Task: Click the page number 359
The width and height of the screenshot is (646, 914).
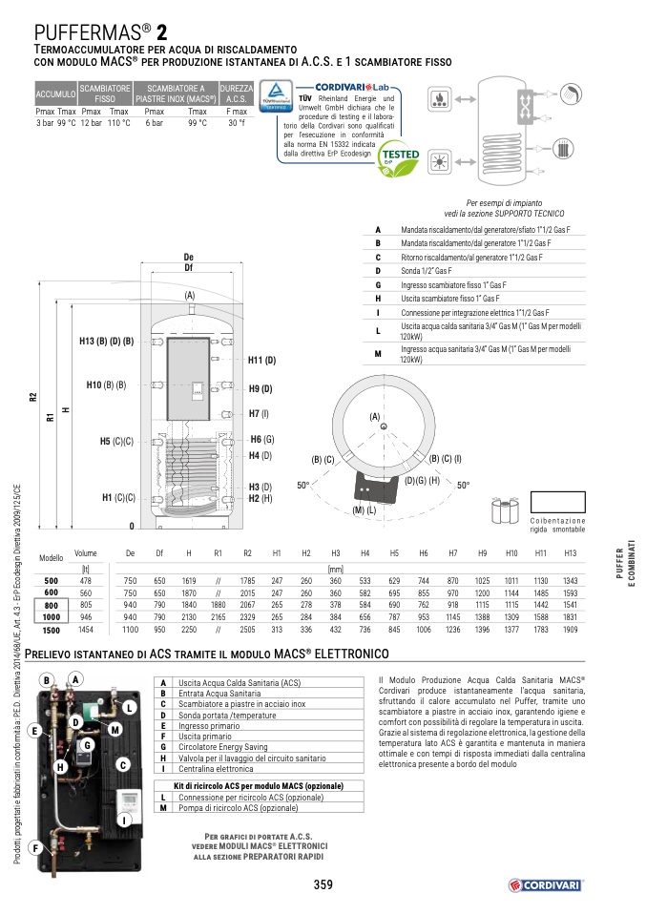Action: click(323, 884)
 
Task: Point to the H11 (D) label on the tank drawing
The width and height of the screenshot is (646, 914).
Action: click(260, 361)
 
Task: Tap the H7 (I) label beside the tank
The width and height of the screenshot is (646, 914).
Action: click(259, 414)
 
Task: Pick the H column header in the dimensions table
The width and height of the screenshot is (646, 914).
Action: click(188, 553)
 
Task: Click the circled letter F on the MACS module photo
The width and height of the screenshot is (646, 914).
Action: click(34, 847)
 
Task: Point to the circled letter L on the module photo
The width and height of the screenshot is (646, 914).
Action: click(126, 707)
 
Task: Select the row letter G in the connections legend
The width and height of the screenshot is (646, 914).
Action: click(378, 284)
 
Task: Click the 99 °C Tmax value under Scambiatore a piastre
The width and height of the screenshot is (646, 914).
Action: click(198, 123)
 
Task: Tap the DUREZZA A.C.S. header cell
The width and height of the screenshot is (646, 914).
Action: click(237, 93)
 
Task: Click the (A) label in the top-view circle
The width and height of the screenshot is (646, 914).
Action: click(375, 417)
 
